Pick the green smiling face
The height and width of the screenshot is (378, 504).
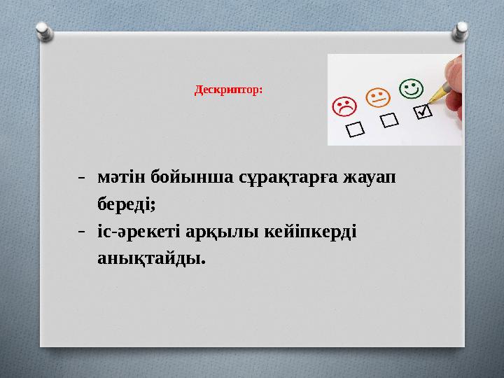pos(411,88)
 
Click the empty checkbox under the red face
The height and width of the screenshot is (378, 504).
pos(356,129)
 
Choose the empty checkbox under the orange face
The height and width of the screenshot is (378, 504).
pos(390,120)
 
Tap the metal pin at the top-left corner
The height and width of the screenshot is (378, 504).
pos(42,29)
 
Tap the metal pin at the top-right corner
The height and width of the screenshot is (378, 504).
pos(462,29)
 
